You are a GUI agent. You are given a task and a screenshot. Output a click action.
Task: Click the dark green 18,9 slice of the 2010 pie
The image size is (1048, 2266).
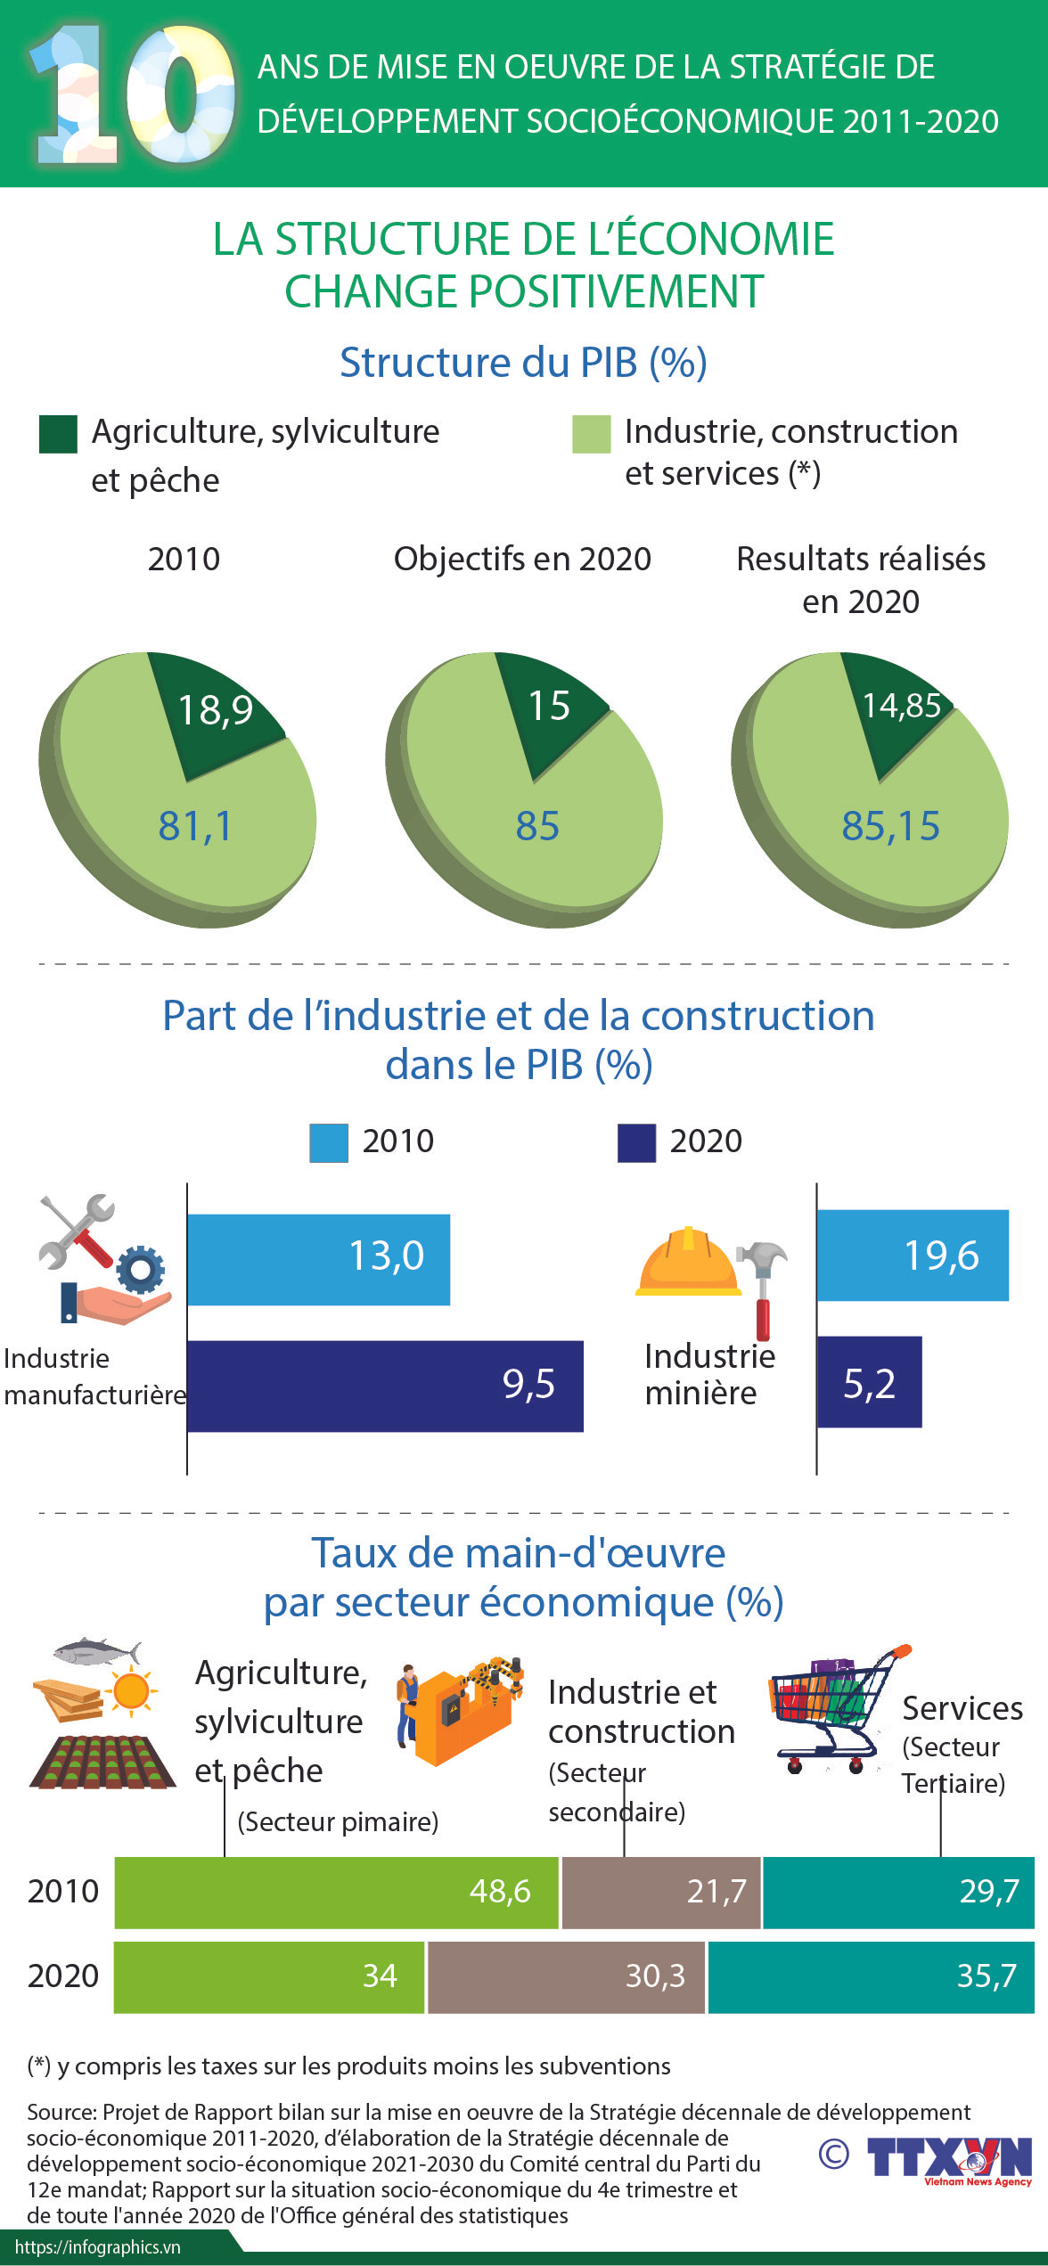pyautogui.click(x=214, y=713)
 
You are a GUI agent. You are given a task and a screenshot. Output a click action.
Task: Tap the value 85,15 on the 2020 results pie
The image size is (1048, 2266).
pyautogui.click(x=890, y=826)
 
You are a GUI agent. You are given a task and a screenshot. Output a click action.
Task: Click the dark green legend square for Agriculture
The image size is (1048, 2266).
pyautogui.click(x=58, y=434)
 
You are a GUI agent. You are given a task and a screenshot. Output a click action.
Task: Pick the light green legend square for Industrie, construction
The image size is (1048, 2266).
pyautogui.click(x=591, y=434)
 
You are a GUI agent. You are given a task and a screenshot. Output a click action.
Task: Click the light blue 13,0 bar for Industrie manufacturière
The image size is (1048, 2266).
pyautogui.click(x=318, y=1259)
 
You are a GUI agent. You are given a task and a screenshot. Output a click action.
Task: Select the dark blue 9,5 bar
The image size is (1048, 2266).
pyautogui.click(x=385, y=1386)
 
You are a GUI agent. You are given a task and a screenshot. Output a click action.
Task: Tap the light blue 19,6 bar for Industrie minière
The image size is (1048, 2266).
pyautogui.click(x=913, y=1255)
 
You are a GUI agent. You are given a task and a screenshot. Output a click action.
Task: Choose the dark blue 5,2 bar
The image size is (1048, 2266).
pyautogui.click(x=869, y=1381)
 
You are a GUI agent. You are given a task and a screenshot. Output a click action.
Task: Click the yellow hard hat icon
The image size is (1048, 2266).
pyautogui.click(x=687, y=1262)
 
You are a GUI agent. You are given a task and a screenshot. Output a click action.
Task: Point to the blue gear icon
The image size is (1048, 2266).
pyautogui.click(x=141, y=1269)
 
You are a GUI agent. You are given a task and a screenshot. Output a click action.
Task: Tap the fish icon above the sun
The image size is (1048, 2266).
pyautogui.click(x=96, y=1651)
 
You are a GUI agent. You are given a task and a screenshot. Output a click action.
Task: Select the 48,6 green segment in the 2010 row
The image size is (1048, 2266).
pyautogui.click(x=336, y=1892)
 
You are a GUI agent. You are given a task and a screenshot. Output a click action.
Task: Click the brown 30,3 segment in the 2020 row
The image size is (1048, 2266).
pyautogui.click(x=566, y=1976)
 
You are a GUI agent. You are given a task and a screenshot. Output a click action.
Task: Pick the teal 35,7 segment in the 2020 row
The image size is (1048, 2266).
pyautogui.click(x=871, y=1976)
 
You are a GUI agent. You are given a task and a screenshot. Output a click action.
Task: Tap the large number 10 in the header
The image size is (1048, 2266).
pyautogui.click(x=134, y=96)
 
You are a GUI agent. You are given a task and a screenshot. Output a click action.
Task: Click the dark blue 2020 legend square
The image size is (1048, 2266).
pyautogui.click(x=636, y=1142)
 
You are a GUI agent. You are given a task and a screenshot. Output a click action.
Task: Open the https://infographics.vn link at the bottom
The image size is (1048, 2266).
pyautogui.click(x=98, y=2248)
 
